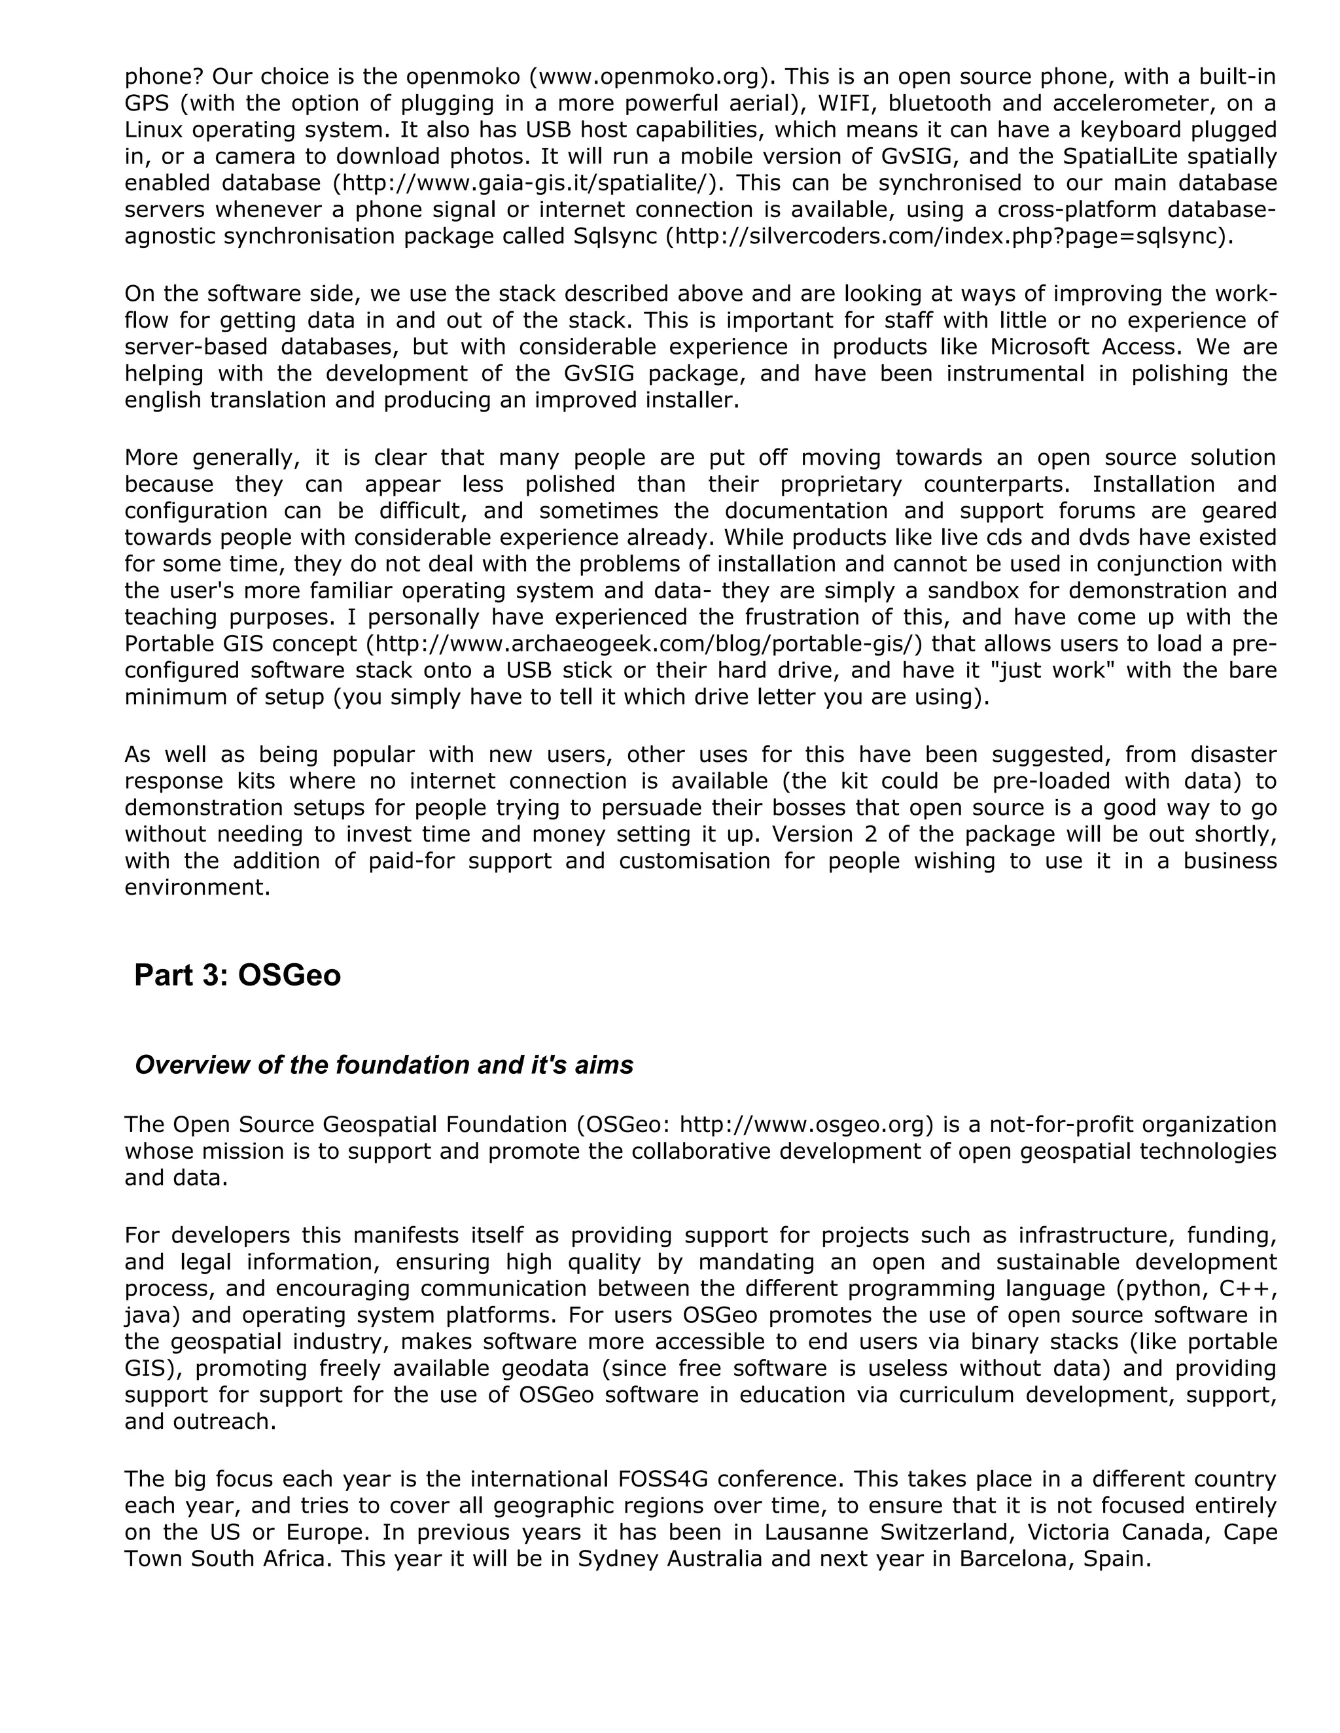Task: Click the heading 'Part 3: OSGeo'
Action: [x=238, y=975]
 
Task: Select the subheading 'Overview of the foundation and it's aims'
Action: [x=384, y=1065]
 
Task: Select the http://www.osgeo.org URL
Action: [x=802, y=1124]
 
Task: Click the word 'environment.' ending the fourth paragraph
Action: [x=198, y=887]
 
